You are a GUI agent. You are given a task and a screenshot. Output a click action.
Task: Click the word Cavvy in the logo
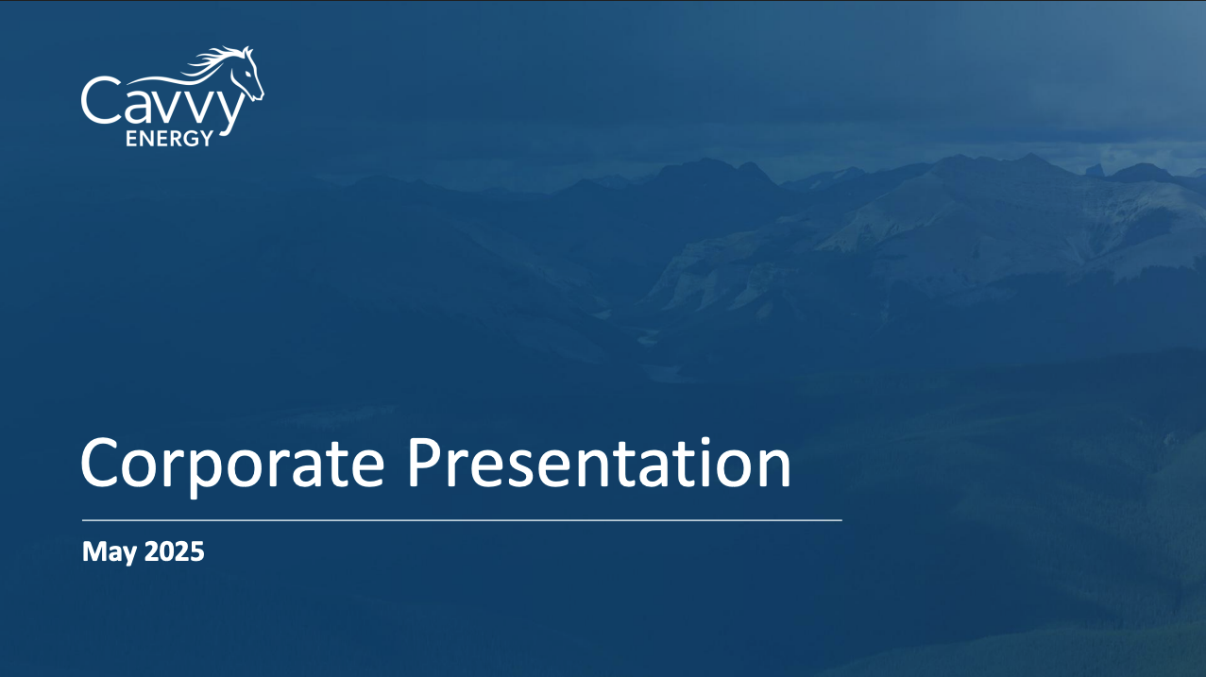(x=162, y=106)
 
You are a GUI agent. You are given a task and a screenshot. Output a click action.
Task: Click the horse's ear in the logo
(x=248, y=53)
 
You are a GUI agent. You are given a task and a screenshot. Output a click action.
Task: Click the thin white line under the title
(x=462, y=520)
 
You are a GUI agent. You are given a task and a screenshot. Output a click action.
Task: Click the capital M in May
(x=94, y=551)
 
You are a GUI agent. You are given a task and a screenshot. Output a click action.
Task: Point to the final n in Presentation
(x=773, y=468)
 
